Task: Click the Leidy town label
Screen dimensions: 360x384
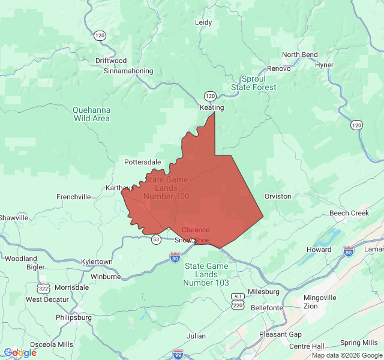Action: click(203, 23)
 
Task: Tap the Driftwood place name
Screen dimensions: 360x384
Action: click(111, 61)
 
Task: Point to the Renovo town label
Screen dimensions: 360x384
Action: click(279, 68)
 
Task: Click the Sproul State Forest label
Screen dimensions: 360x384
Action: click(254, 83)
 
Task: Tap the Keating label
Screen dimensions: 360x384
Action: click(211, 108)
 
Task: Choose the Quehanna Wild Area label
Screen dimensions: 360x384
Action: click(91, 114)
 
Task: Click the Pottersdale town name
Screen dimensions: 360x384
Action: click(142, 162)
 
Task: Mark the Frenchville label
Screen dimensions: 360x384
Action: click(73, 197)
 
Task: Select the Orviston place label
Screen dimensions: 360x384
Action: click(278, 196)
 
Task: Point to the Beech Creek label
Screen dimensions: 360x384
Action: click(349, 214)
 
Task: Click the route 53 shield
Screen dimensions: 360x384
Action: click(156, 239)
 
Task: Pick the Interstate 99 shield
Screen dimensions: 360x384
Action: click(178, 354)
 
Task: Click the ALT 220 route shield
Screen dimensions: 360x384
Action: click(238, 301)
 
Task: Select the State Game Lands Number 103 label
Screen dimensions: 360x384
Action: click(206, 274)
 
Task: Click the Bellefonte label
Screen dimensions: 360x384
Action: click(266, 308)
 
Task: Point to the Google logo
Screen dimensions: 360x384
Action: click(20, 353)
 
